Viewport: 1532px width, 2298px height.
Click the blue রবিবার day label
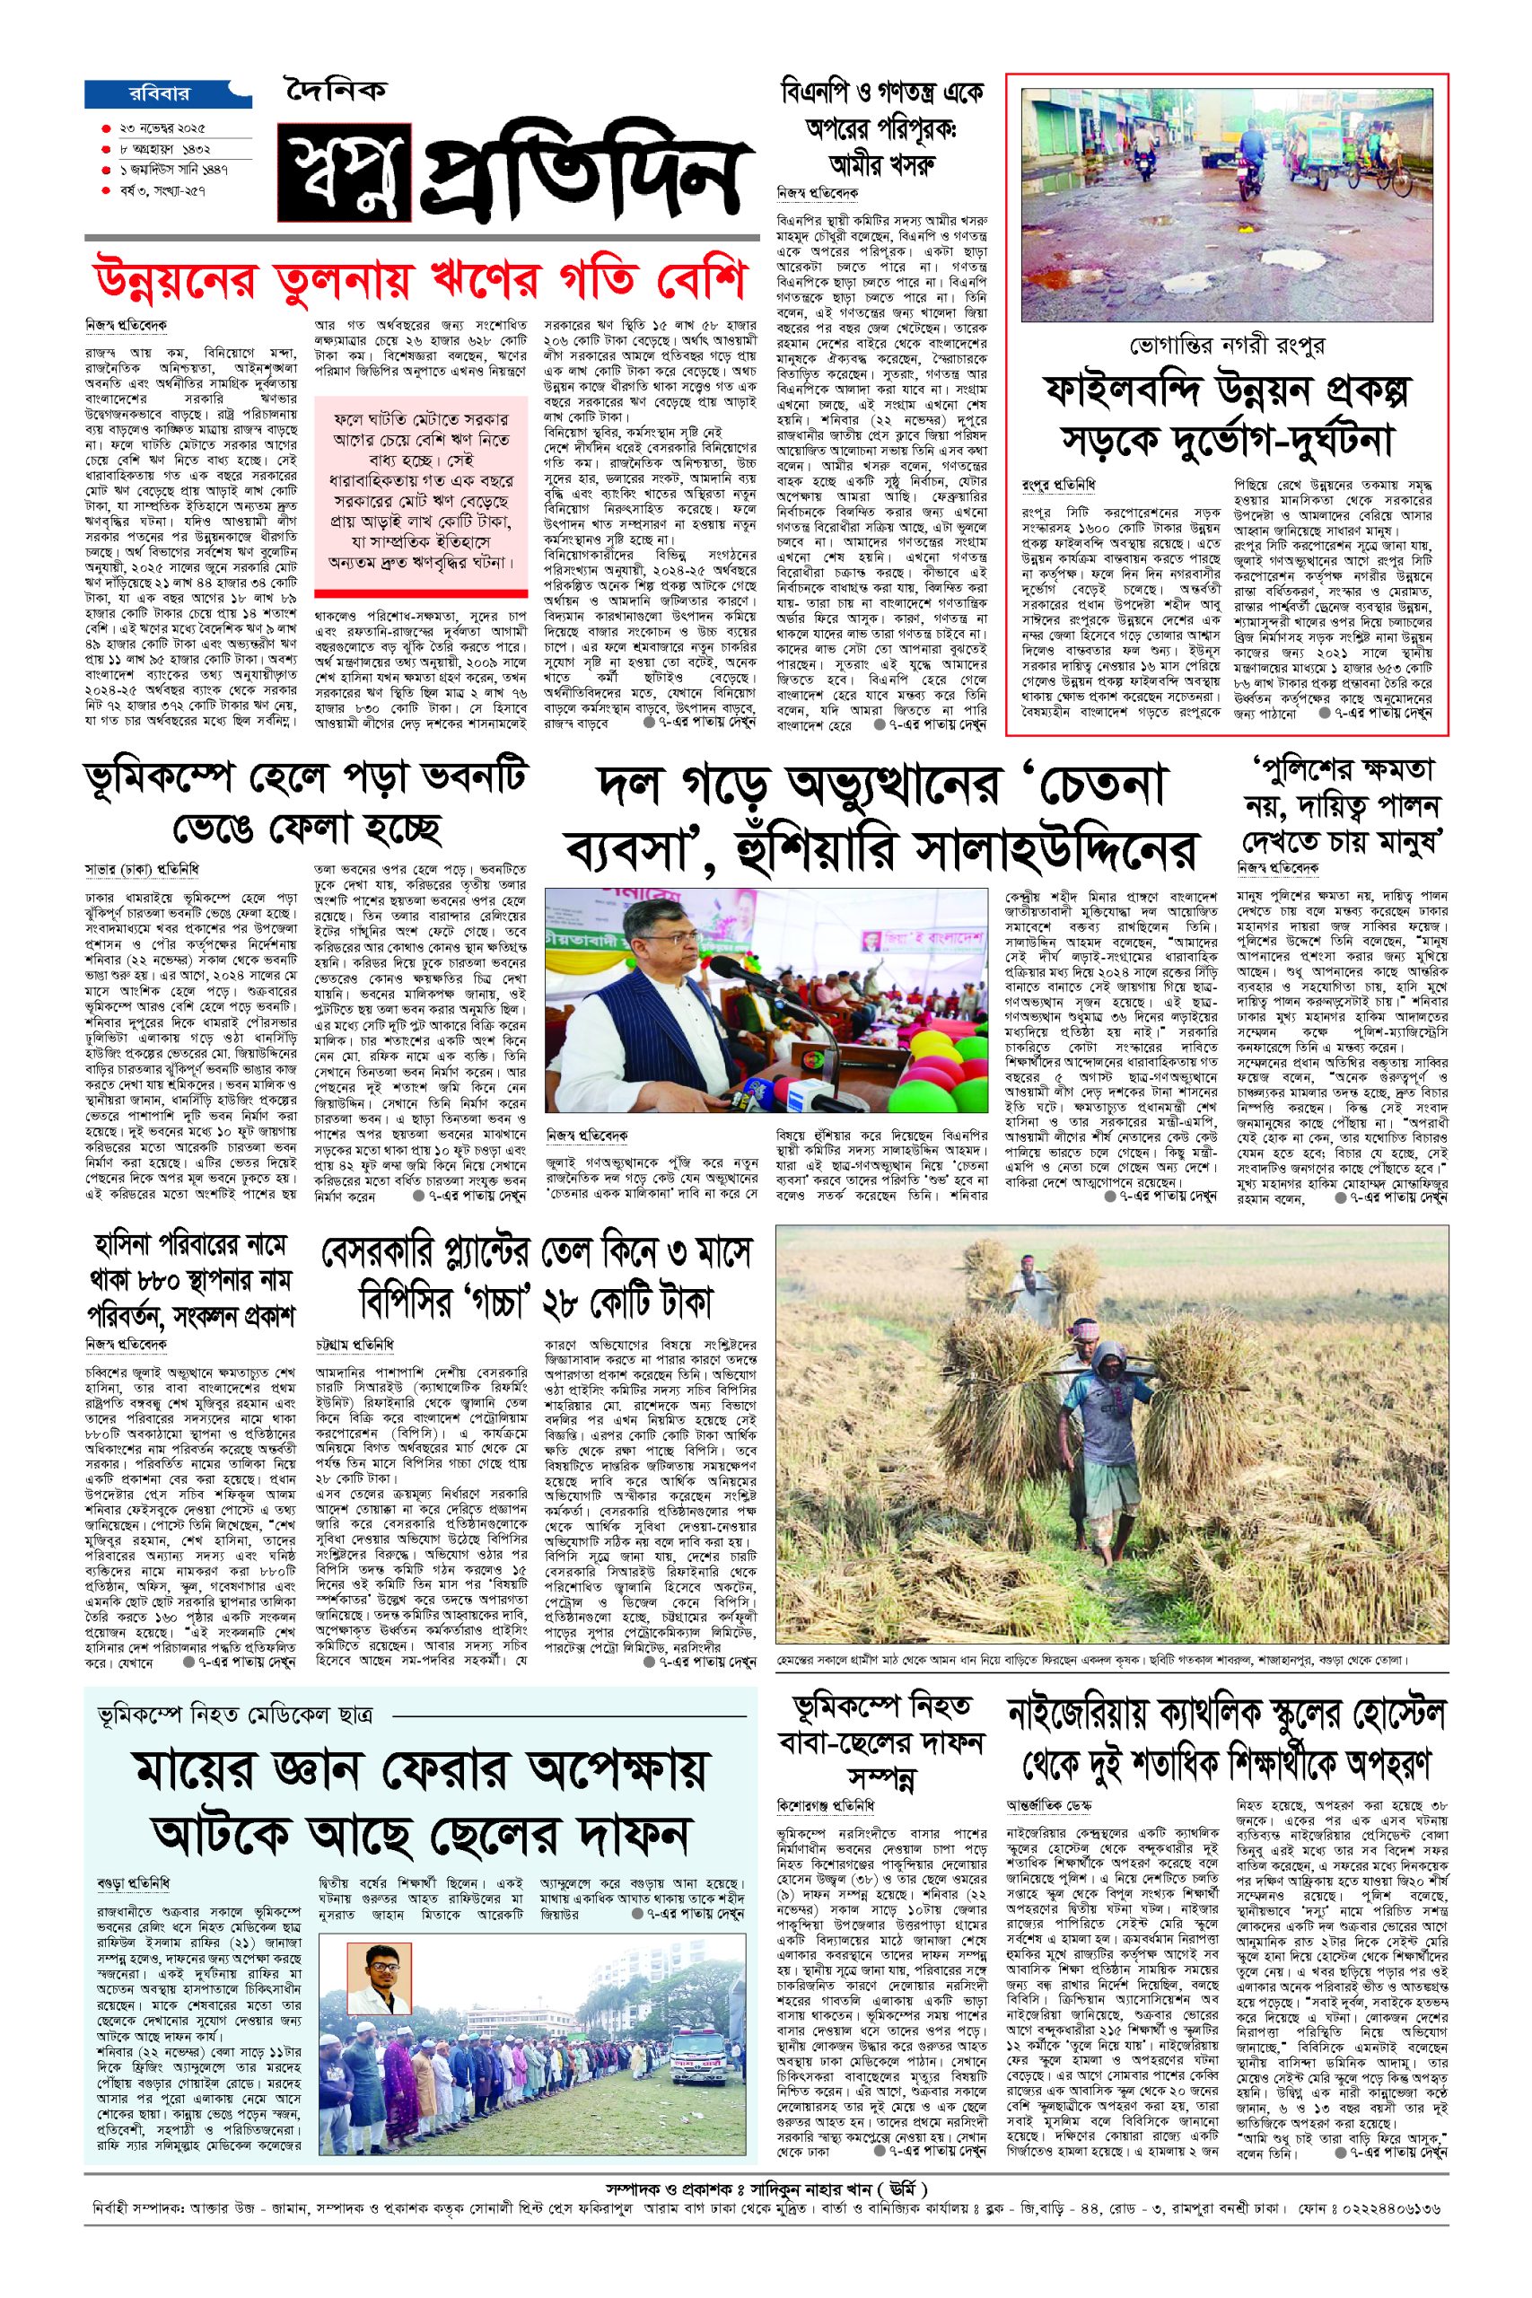[158, 95]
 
